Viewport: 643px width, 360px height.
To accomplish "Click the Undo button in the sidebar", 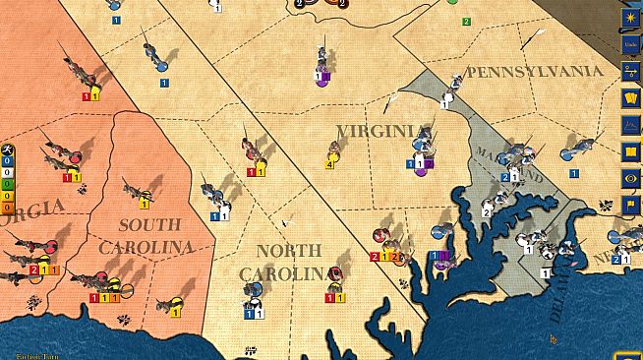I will point(630,44).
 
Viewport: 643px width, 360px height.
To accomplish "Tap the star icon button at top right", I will point(630,18).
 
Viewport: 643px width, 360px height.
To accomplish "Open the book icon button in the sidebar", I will point(630,151).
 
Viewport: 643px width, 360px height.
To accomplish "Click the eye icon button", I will point(630,178).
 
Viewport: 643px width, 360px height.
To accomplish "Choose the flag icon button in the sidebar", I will point(630,205).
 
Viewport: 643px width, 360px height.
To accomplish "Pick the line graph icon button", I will point(630,125).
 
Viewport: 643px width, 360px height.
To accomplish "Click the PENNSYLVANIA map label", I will point(534,71).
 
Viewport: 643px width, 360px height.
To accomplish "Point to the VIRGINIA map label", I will point(381,131).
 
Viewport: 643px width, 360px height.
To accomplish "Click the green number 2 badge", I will point(466,21).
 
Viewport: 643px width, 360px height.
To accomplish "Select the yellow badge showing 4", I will point(329,163).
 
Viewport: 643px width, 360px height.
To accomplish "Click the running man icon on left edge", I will point(8,150).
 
